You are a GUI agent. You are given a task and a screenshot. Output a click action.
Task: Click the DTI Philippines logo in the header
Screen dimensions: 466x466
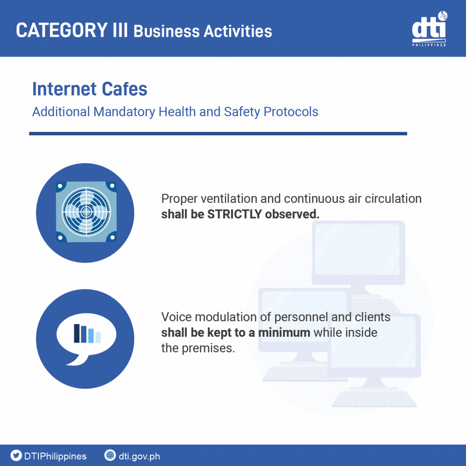click(430, 29)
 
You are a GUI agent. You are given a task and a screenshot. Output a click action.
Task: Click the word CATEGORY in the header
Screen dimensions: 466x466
click(62, 30)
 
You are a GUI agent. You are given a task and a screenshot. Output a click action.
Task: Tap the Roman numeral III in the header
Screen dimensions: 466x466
click(120, 30)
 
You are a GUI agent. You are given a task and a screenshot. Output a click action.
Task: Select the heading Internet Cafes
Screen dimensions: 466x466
click(90, 89)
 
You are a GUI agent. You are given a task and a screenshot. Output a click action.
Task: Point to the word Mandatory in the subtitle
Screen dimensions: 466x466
click(124, 112)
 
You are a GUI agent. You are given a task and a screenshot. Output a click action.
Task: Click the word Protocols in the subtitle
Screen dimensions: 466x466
click(291, 112)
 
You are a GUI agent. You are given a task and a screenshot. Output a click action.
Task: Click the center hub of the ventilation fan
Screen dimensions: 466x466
click(86, 212)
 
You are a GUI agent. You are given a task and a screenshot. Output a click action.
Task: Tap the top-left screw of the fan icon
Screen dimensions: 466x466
click(61, 186)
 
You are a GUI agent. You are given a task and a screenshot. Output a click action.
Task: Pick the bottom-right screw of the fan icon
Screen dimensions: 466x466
click(112, 237)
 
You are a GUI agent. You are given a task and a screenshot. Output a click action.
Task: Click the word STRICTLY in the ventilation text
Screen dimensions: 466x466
click(234, 214)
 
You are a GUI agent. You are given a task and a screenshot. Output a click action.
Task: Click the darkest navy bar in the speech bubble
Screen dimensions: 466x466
click(76, 333)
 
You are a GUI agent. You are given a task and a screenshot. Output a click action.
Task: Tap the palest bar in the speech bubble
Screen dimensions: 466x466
click(98, 337)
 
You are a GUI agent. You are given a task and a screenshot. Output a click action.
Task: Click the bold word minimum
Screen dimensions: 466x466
click(284, 333)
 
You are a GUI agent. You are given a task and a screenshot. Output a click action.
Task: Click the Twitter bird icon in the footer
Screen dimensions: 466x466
click(16, 455)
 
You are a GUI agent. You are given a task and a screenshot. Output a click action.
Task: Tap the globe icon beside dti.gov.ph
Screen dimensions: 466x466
click(110, 455)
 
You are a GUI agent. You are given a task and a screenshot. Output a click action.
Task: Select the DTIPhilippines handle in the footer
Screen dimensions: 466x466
click(55, 456)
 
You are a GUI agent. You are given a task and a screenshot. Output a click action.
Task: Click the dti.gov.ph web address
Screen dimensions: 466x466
click(139, 456)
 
